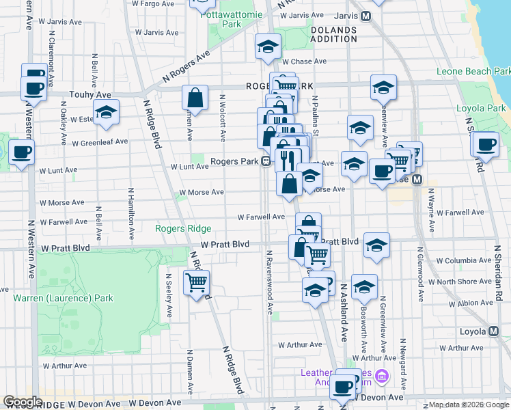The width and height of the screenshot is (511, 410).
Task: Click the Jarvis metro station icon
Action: point(366,16)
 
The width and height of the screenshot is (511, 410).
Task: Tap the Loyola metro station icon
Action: point(493,331)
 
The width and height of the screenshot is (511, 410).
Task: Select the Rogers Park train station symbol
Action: point(263,162)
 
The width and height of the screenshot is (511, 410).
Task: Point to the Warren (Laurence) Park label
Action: point(63,298)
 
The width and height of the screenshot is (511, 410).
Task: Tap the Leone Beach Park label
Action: point(473,71)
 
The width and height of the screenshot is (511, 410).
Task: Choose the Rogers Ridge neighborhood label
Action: point(183,229)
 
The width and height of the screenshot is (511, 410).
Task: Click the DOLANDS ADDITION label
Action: point(333,34)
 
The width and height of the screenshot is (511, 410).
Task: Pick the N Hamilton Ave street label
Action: point(130,215)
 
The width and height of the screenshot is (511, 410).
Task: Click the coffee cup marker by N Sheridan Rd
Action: point(486,144)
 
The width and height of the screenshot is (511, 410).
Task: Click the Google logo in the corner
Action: point(23,402)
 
